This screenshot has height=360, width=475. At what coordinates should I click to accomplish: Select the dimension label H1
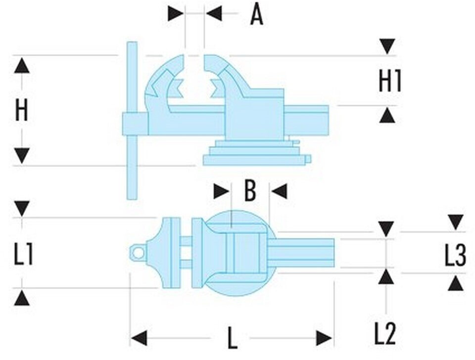tap(389, 81)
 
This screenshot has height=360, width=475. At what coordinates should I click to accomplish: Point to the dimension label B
tap(250, 191)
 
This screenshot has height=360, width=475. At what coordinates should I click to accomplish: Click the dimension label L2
tap(385, 334)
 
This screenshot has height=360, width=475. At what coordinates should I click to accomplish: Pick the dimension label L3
tap(455, 256)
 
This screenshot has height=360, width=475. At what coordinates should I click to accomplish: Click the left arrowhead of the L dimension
tap(139, 338)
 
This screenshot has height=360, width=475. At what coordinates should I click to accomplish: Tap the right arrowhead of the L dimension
tap(324, 338)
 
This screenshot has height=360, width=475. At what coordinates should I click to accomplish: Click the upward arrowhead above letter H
tap(21, 65)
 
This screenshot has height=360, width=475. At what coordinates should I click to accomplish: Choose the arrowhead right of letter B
tap(280, 191)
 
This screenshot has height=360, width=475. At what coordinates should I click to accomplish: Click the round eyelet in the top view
tap(138, 253)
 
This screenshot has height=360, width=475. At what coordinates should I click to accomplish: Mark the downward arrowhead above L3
tap(455, 222)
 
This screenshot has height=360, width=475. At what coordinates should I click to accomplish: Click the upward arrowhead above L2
tap(385, 276)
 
